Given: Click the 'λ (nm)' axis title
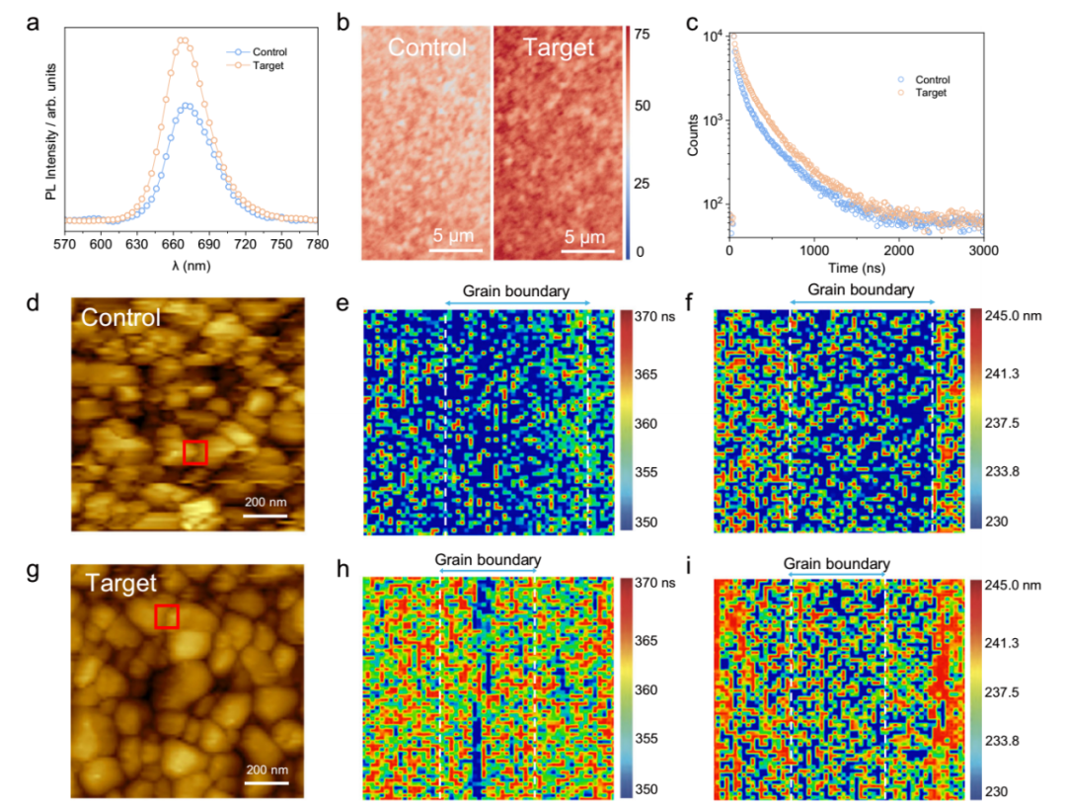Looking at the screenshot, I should coord(190,265).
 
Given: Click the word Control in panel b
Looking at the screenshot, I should coord(426,47).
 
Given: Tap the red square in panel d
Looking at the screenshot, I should coord(195,452).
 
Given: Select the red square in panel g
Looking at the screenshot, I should coord(167,616).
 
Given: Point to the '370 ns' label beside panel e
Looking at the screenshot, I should coord(650,316).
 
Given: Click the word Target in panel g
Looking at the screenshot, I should coord(121,583).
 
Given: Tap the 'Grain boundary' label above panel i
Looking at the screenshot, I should coord(837,563).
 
